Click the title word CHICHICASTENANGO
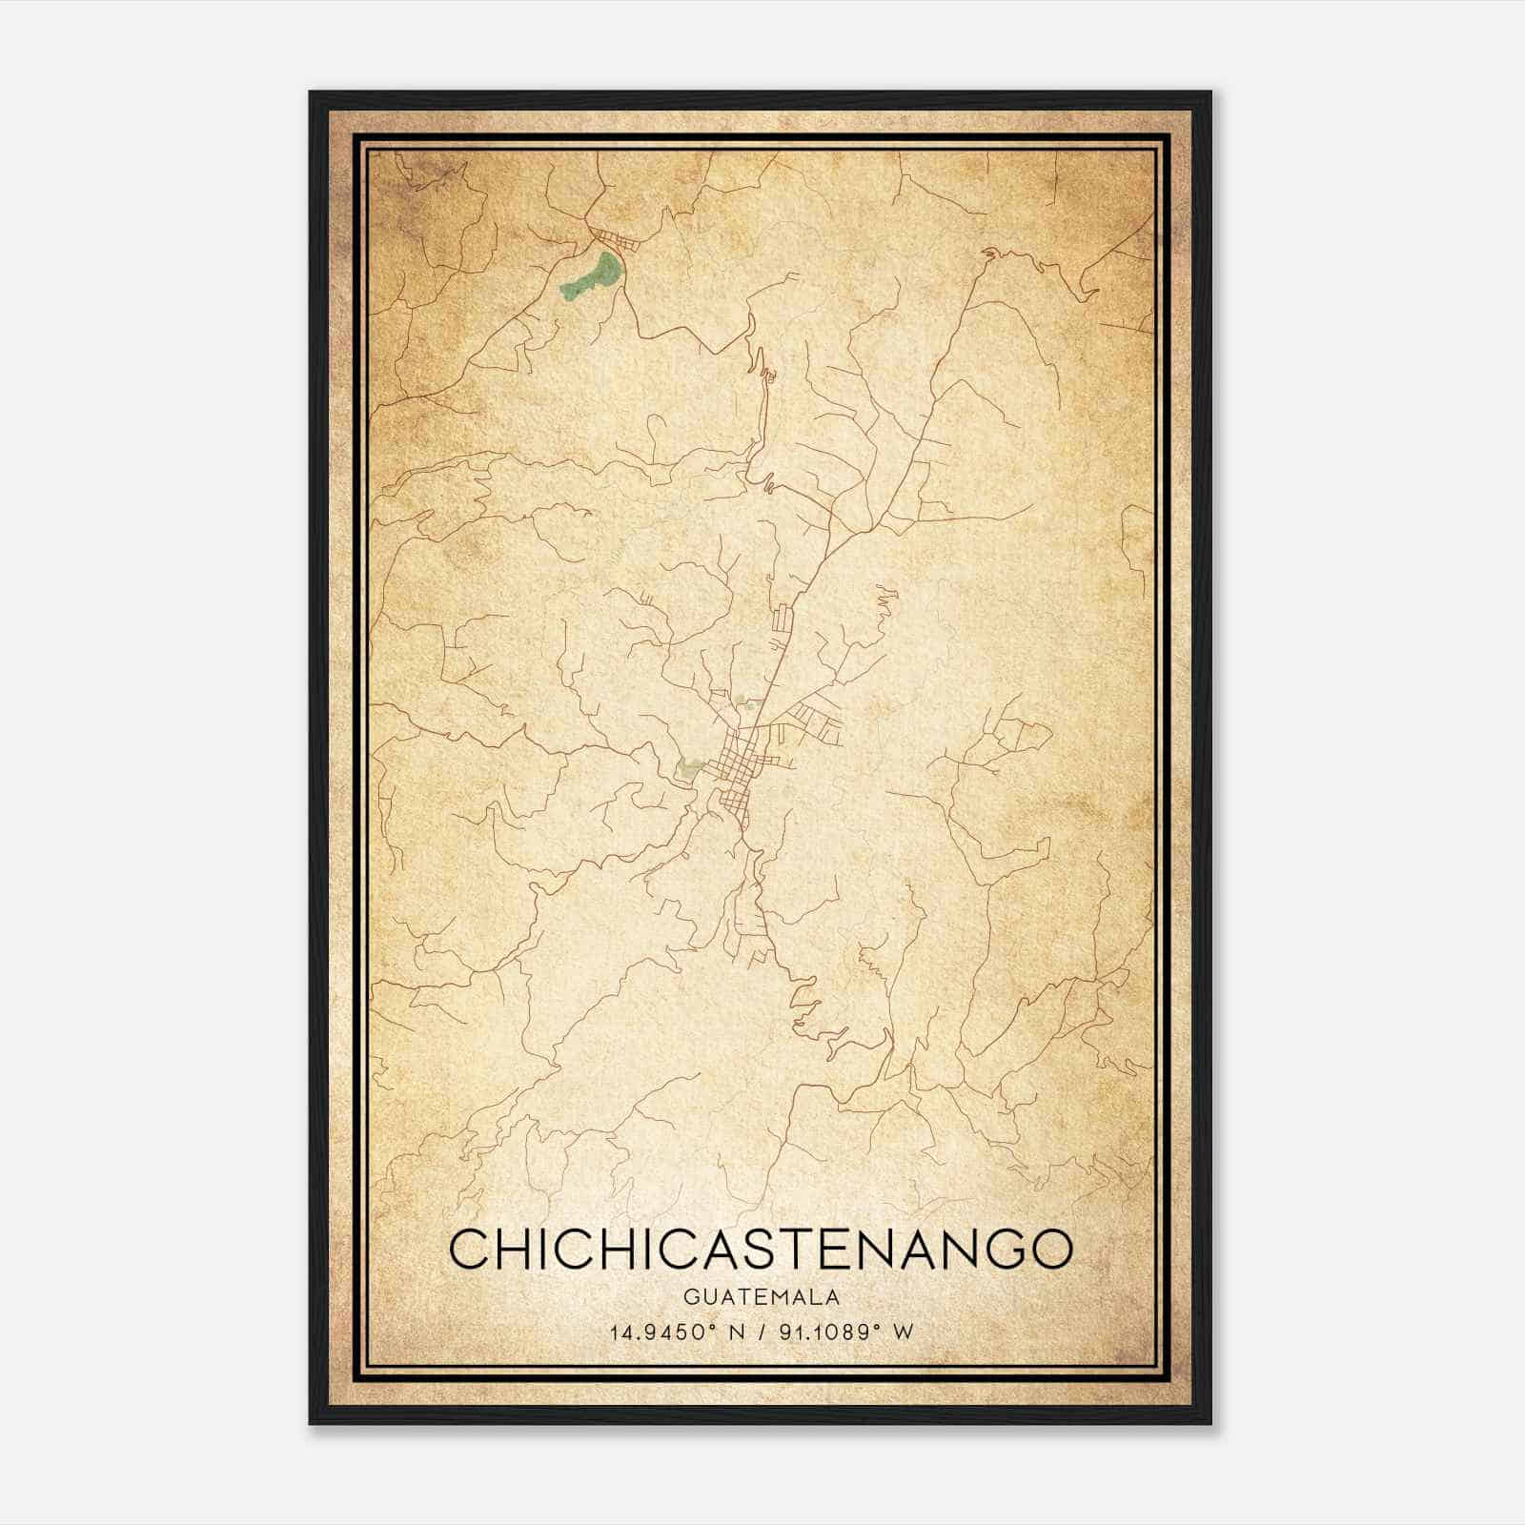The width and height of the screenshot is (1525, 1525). coord(761,1249)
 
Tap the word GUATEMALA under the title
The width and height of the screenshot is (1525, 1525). coord(761,1297)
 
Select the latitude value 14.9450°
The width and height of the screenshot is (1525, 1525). coord(663,1332)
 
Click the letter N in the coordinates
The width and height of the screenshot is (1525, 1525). coord(734,1332)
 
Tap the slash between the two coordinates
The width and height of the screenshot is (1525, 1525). coord(759,1332)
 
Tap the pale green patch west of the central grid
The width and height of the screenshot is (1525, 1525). coord(688,766)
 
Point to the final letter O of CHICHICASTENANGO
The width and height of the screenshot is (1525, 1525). coord(1052,1249)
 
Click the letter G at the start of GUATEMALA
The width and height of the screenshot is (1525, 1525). coord(688,1297)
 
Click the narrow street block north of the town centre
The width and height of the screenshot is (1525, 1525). coord(784,624)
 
